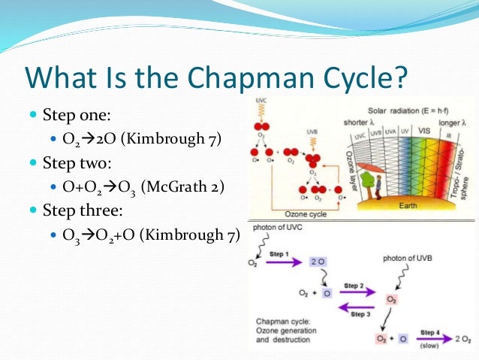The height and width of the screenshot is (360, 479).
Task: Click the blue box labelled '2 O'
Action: click(x=318, y=262)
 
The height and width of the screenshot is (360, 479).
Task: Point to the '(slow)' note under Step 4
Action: click(x=429, y=347)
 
